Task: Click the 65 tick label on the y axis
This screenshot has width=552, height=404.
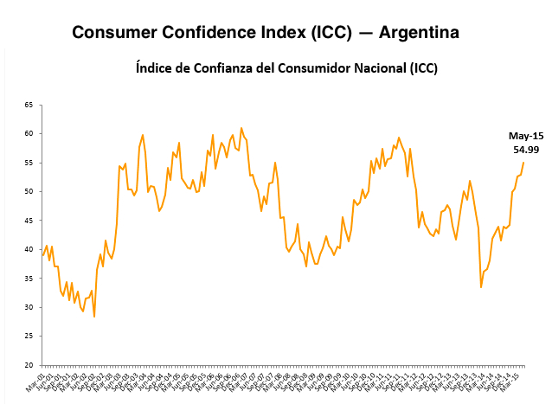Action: pos(29,105)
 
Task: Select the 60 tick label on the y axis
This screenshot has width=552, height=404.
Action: pos(29,133)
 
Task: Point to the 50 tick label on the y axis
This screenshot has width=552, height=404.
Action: pos(29,191)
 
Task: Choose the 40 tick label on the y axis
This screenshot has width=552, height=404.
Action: pos(29,249)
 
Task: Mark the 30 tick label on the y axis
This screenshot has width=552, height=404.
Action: pos(29,307)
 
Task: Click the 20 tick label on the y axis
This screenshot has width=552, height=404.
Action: pos(29,365)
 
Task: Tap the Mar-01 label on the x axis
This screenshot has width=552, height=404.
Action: pos(35,381)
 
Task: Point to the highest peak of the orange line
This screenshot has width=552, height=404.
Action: pos(241,128)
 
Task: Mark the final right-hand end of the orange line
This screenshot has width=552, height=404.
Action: pos(523,163)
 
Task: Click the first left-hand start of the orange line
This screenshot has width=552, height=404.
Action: pos(42,255)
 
